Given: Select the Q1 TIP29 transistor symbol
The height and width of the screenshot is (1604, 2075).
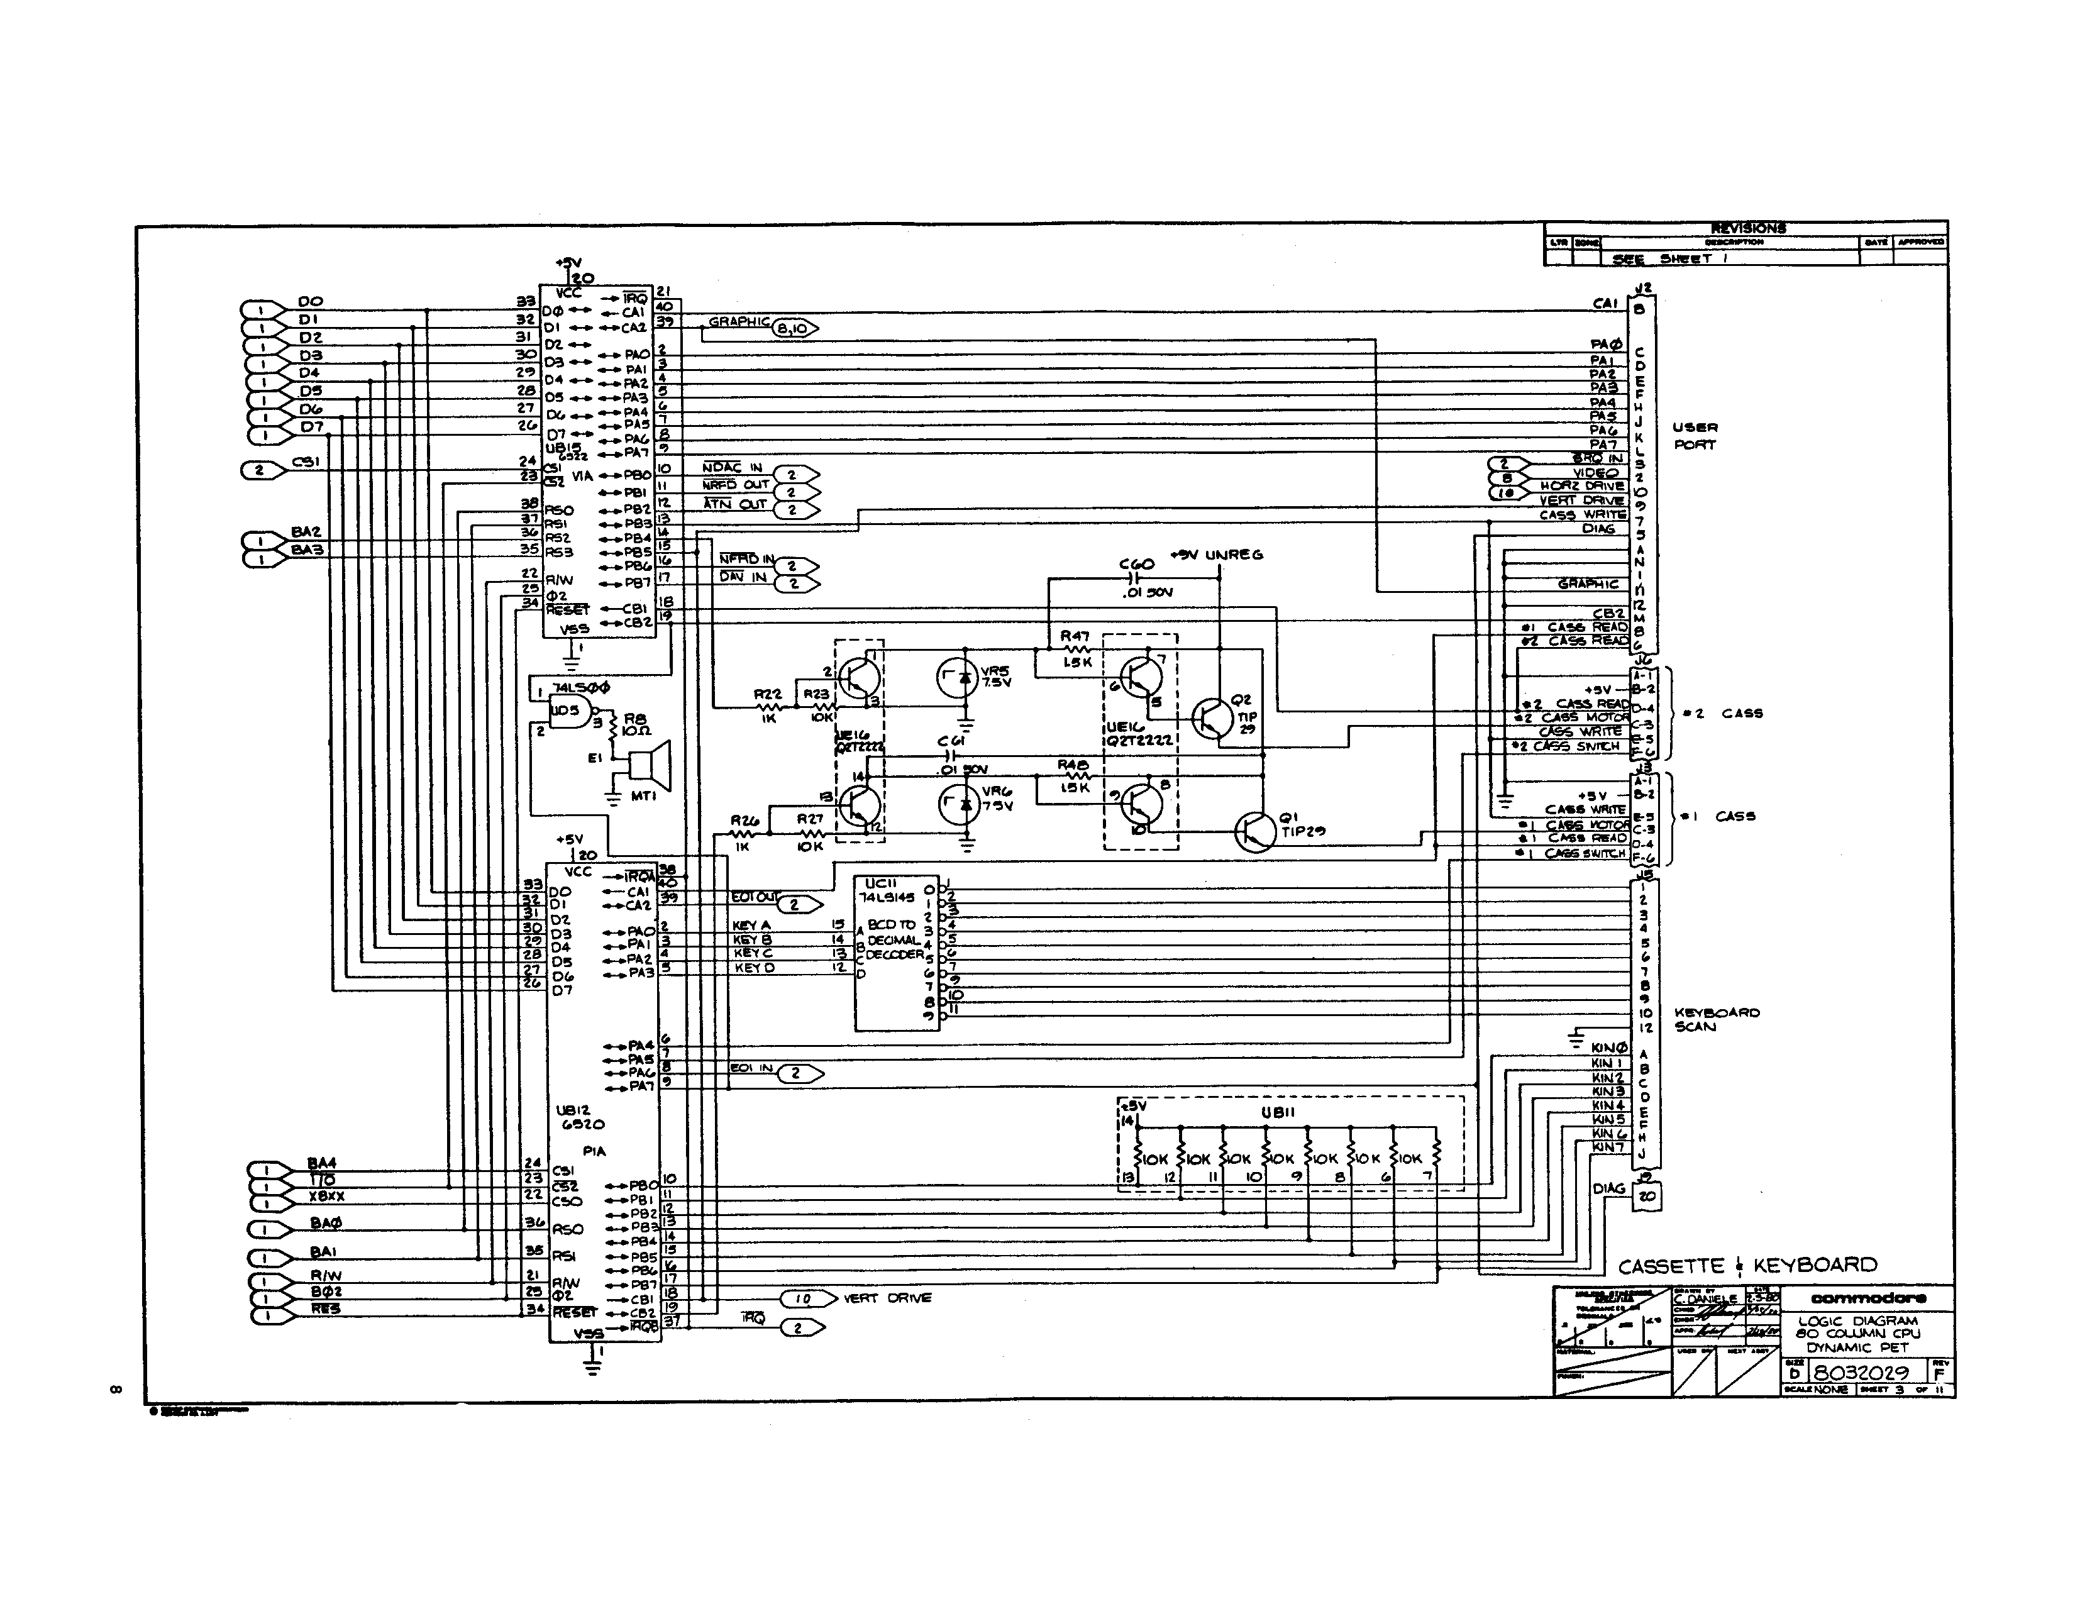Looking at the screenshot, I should pyautogui.click(x=1256, y=831).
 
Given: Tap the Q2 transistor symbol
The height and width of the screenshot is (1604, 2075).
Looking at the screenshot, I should pyautogui.click(x=1214, y=719).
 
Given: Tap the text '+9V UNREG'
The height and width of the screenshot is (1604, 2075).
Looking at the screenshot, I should pyautogui.click(x=1217, y=554).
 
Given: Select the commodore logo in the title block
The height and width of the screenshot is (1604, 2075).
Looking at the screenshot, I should pyautogui.click(x=1868, y=1298).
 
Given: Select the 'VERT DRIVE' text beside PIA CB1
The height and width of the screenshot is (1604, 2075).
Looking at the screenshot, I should pyautogui.click(x=887, y=1298).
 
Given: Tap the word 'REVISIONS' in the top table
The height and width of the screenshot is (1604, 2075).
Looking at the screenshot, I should pyautogui.click(x=1747, y=228).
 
